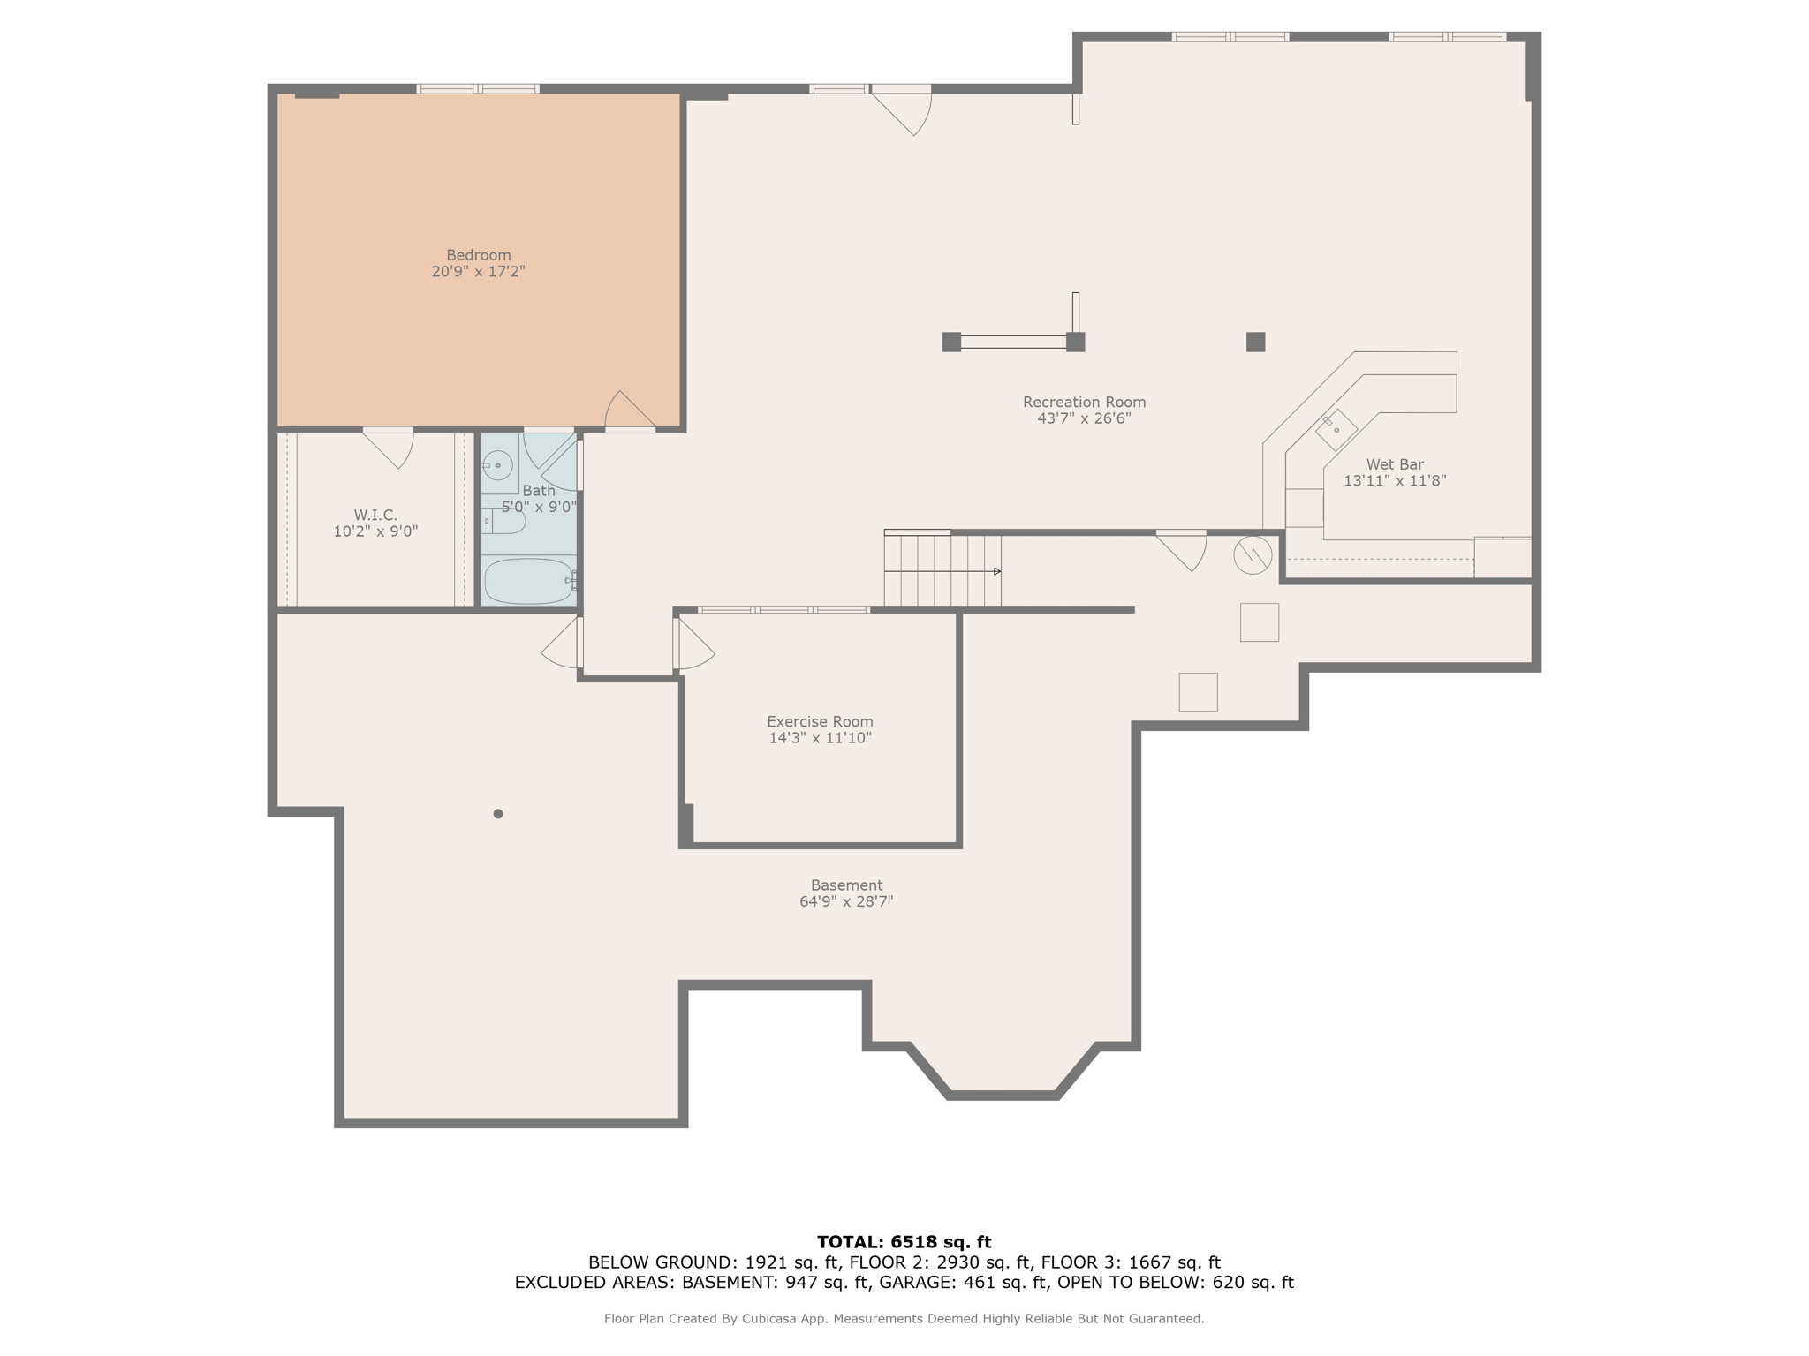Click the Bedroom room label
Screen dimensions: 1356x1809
point(478,255)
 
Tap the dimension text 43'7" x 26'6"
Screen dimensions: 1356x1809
point(1084,418)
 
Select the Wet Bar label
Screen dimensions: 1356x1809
point(1394,464)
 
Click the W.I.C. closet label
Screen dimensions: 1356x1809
point(375,515)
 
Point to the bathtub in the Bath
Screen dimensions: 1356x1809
point(528,581)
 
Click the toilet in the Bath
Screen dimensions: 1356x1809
point(505,522)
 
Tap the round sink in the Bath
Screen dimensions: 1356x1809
point(497,465)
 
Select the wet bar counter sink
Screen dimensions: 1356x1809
point(1336,430)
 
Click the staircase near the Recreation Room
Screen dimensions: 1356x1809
point(942,570)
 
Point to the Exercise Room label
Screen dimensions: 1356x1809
point(820,721)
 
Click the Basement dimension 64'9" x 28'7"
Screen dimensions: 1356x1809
point(846,901)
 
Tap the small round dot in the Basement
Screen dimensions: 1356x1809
point(498,814)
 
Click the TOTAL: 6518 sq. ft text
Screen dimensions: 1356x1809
point(904,1242)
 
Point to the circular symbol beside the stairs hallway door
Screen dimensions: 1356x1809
point(1253,555)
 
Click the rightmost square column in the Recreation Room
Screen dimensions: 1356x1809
point(1255,342)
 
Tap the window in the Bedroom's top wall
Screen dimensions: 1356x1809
point(478,88)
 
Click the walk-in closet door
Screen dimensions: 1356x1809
point(390,447)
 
